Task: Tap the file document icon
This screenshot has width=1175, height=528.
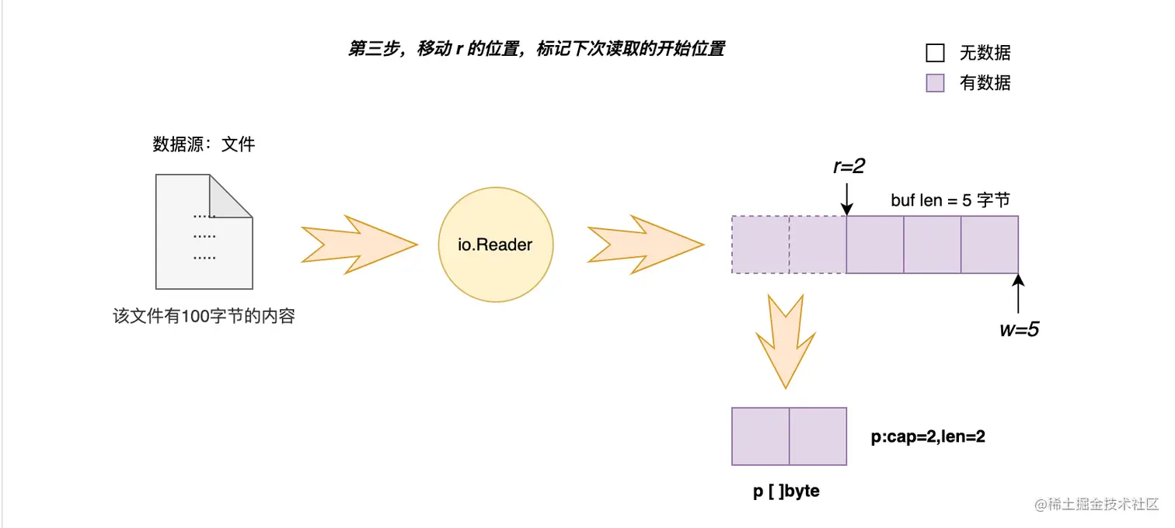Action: pos(204,231)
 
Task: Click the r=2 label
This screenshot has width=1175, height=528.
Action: pos(849,166)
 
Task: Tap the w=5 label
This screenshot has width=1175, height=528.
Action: pos(1019,329)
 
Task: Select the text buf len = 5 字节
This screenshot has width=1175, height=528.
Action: pos(950,200)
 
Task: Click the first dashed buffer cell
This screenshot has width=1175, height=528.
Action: pos(760,245)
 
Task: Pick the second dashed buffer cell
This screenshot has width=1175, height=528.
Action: pos(818,245)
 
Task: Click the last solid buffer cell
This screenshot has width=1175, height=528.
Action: pos(989,245)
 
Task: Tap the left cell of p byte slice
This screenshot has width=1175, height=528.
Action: pos(760,436)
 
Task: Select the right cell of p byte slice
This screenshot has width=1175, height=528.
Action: pos(818,436)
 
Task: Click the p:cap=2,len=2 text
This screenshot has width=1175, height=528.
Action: pos(928,437)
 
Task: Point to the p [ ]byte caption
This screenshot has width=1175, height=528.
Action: pos(786,492)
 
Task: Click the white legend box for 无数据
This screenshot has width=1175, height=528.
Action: pos(935,53)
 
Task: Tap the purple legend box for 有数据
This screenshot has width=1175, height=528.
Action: pos(935,83)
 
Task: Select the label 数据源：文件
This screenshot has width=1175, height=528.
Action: pos(204,144)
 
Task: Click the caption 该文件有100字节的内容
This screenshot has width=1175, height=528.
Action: pos(204,317)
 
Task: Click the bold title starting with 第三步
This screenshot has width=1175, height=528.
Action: pos(536,49)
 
